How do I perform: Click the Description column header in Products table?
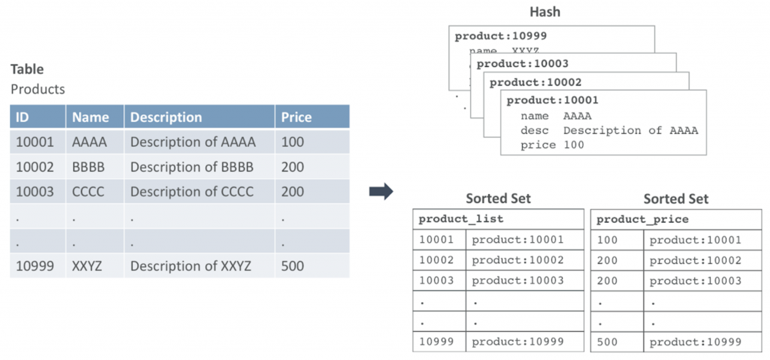166,117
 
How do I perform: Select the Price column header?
296,117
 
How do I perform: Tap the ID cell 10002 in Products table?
34,167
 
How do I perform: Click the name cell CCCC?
88,192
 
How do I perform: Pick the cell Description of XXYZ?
190,266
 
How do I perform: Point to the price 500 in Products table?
292,266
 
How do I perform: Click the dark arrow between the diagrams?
381,191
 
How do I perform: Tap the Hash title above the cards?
545,12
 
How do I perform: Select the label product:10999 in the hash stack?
500,36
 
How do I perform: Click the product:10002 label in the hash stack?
535,82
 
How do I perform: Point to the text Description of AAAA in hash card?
630,130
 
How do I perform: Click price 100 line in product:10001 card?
552,145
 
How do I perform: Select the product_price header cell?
642,219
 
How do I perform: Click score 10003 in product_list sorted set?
436,280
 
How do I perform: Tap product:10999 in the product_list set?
517,342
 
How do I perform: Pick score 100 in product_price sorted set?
607,240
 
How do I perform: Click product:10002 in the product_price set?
695,261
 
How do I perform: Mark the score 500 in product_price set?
607,342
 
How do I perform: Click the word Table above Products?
27,69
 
